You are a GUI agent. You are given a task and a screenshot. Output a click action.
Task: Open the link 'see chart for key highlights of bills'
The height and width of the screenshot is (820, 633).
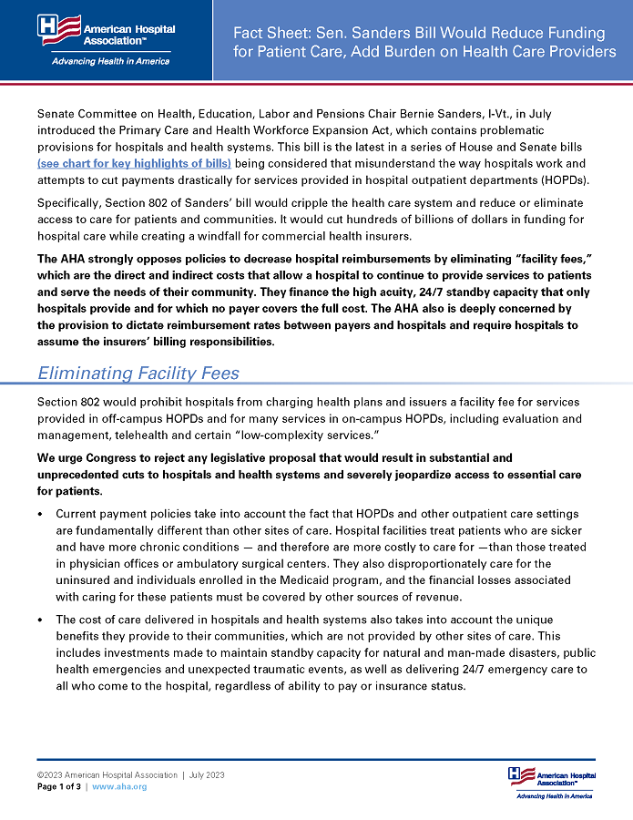[x=134, y=163]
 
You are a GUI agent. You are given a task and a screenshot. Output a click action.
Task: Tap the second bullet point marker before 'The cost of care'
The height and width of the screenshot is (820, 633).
[x=41, y=619]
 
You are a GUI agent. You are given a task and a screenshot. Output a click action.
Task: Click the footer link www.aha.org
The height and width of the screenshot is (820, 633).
[x=119, y=787]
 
